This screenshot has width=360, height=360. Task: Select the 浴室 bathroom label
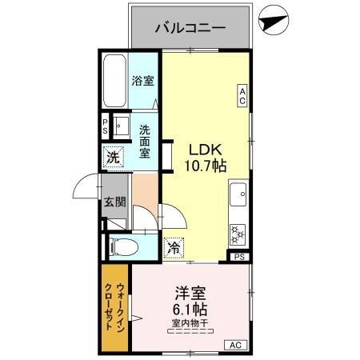click(x=143, y=81)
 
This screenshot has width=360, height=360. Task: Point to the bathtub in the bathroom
click(x=114, y=82)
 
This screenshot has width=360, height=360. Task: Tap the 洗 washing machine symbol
click(x=114, y=157)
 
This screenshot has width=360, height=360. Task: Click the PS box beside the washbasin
click(x=106, y=126)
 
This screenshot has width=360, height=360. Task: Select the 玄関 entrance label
click(x=114, y=202)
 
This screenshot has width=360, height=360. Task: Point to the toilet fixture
click(x=122, y=246)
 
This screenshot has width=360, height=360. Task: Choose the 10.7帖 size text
click(x=207, y=166)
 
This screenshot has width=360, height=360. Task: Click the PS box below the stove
click(x=239, y=257)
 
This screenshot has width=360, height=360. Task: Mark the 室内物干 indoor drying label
click(x=190, y=323)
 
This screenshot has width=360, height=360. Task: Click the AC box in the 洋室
click(x=235, y=345)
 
